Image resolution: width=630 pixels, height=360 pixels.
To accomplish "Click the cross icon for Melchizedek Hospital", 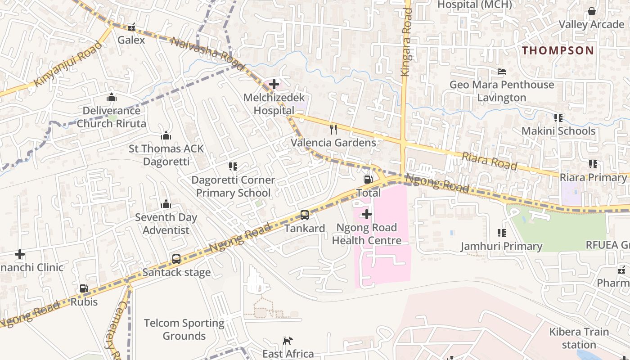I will pos(274,84).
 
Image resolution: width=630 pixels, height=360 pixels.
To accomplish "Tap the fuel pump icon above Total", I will pos(368,180).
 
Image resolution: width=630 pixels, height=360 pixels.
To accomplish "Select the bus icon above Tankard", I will pos(305,215).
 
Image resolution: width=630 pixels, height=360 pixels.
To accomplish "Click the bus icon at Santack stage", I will pos(176,259).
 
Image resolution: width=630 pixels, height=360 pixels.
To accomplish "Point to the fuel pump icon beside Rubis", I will pos(84,288).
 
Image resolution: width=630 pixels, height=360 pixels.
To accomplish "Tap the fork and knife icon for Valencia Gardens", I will pos(333,130).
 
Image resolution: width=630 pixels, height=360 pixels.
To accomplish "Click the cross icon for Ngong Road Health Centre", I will pos(367,214).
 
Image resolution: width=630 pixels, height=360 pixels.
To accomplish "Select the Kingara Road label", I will pos(406,43).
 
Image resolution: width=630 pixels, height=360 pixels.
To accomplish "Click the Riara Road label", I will pos(490,161).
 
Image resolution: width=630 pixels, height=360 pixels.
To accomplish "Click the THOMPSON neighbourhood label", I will pos(558,50).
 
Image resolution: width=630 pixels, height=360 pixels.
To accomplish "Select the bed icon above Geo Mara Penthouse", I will pos(502,72).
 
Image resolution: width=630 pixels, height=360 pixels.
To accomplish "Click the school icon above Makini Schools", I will pos(558,118).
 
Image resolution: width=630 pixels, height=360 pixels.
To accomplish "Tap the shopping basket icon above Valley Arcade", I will pos(592,11).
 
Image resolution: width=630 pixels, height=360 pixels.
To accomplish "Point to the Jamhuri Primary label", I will pos(501,246).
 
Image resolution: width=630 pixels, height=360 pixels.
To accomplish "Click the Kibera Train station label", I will pos(579,338).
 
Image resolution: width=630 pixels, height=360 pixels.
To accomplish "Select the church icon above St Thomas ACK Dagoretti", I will pos(166,135).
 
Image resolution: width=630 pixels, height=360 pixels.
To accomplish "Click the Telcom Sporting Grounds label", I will pos(184,329).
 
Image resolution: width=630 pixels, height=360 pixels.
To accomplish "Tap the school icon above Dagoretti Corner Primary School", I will pos(233,166).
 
